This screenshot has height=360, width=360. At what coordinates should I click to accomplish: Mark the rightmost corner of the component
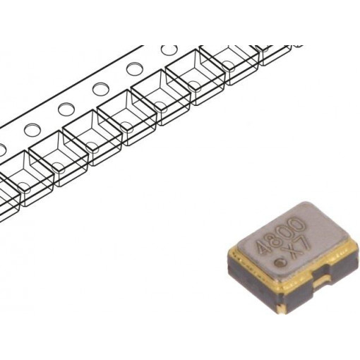(353, 244)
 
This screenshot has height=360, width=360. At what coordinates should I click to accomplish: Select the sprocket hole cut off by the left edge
(2, 150)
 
